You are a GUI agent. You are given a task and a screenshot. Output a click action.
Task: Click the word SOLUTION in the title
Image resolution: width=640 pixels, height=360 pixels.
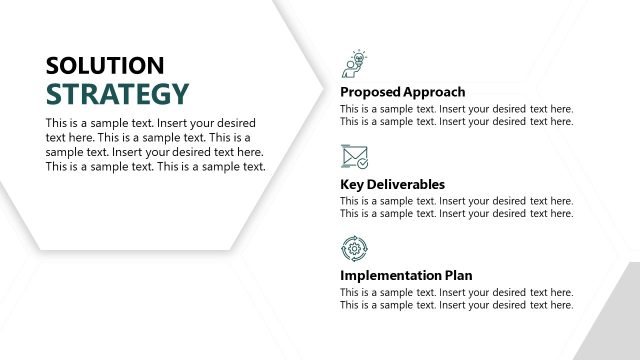(105, 66)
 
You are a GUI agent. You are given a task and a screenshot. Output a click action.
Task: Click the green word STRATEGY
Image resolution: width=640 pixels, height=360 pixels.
(117, 94)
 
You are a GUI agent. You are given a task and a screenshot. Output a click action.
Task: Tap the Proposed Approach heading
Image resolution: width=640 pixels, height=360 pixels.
(402, 92)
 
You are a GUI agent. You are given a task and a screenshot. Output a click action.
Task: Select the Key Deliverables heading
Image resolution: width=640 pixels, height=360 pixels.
(392, 184)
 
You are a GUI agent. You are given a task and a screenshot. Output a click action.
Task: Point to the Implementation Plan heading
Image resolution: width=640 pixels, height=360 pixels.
(406, 275)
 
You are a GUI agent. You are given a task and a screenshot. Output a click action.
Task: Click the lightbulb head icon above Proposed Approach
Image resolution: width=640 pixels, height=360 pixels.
(354, 63)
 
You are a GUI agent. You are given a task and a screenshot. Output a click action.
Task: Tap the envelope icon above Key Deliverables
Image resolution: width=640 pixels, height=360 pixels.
(354, 157)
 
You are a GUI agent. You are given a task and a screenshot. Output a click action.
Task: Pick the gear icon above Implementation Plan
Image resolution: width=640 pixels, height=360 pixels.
(354, 248)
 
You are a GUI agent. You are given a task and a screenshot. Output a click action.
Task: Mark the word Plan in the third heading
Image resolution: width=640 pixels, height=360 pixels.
(458, 275)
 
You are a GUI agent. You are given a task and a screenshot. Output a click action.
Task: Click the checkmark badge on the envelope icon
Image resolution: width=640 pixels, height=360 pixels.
(362, 162)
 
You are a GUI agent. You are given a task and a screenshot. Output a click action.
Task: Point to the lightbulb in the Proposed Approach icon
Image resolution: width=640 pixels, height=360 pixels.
(360, 57)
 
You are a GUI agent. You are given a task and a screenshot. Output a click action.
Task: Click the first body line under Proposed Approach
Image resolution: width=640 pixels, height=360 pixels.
(456, 109)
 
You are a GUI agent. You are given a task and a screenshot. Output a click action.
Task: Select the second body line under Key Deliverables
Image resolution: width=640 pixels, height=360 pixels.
(456, 213)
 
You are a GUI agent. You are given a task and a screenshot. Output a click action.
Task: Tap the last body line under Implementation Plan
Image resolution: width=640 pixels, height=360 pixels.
(456, 305)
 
